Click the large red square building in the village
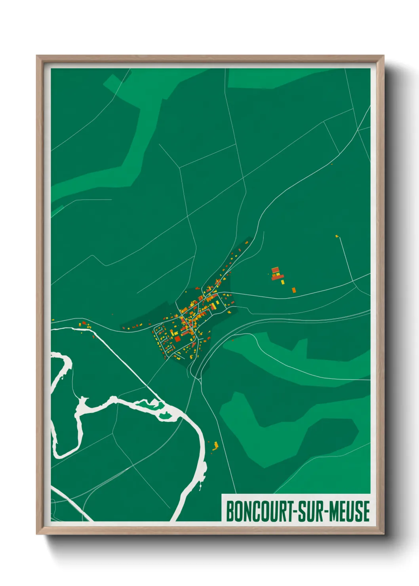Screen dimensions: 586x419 (x=177, y=339)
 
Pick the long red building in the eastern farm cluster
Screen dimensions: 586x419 (x=278, y=277)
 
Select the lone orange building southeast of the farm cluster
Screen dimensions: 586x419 (x=294, y=290)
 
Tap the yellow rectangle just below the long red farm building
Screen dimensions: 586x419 (x=283, y=282)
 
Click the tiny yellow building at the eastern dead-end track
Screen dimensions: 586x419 (x=337, y=236)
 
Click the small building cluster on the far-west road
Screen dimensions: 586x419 (x=84, y=325)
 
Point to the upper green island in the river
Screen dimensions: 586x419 (x=150, y=404)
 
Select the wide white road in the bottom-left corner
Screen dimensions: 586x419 (x=71, y=503)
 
